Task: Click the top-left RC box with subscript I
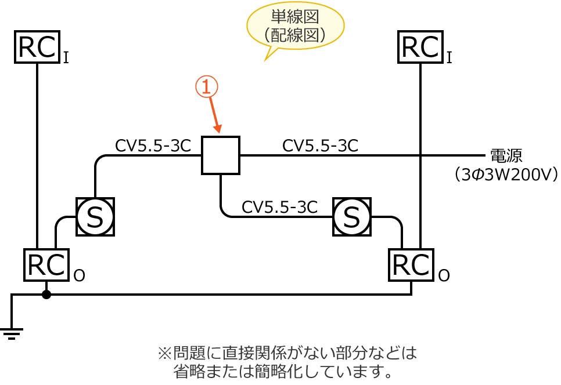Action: coord(37,46)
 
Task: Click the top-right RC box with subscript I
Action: coord(420,46)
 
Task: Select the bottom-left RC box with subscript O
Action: coord(47,265)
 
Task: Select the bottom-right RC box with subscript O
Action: coord(411,265)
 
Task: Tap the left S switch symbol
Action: coord(95,216)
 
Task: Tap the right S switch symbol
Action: coord(351,216)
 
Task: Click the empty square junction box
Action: coord(221,155)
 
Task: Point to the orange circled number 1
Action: coord(206,87)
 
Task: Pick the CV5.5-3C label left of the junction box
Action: coord(153,146)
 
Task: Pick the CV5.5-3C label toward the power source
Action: coord(320,146)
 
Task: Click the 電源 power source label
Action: coord(506,155)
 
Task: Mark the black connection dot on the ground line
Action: coord(46,295)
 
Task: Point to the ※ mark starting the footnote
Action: coord(163,352)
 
